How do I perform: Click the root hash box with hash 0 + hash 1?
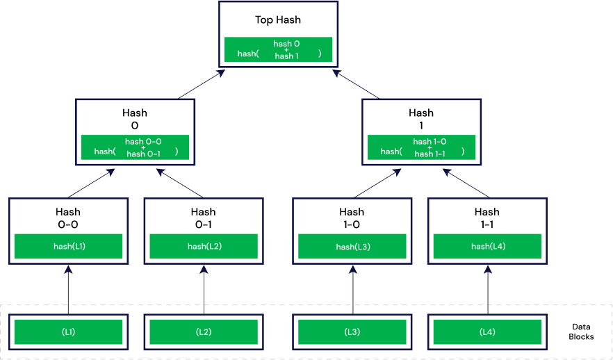click(278, 49)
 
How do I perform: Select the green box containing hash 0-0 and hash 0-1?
click(135, 147)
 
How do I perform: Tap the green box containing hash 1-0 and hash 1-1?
click(422, 147)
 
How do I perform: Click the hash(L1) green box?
click(69, 246)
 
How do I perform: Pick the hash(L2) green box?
click(204, 246)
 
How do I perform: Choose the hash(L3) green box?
click(352, 246)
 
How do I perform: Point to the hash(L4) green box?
click(487, 246)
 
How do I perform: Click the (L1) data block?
click(69, 332)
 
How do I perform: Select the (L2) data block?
click(204, 332)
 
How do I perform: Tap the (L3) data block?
click(352, 332)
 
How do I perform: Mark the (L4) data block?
click(487, 332)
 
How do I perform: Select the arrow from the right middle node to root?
click(356, 84)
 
